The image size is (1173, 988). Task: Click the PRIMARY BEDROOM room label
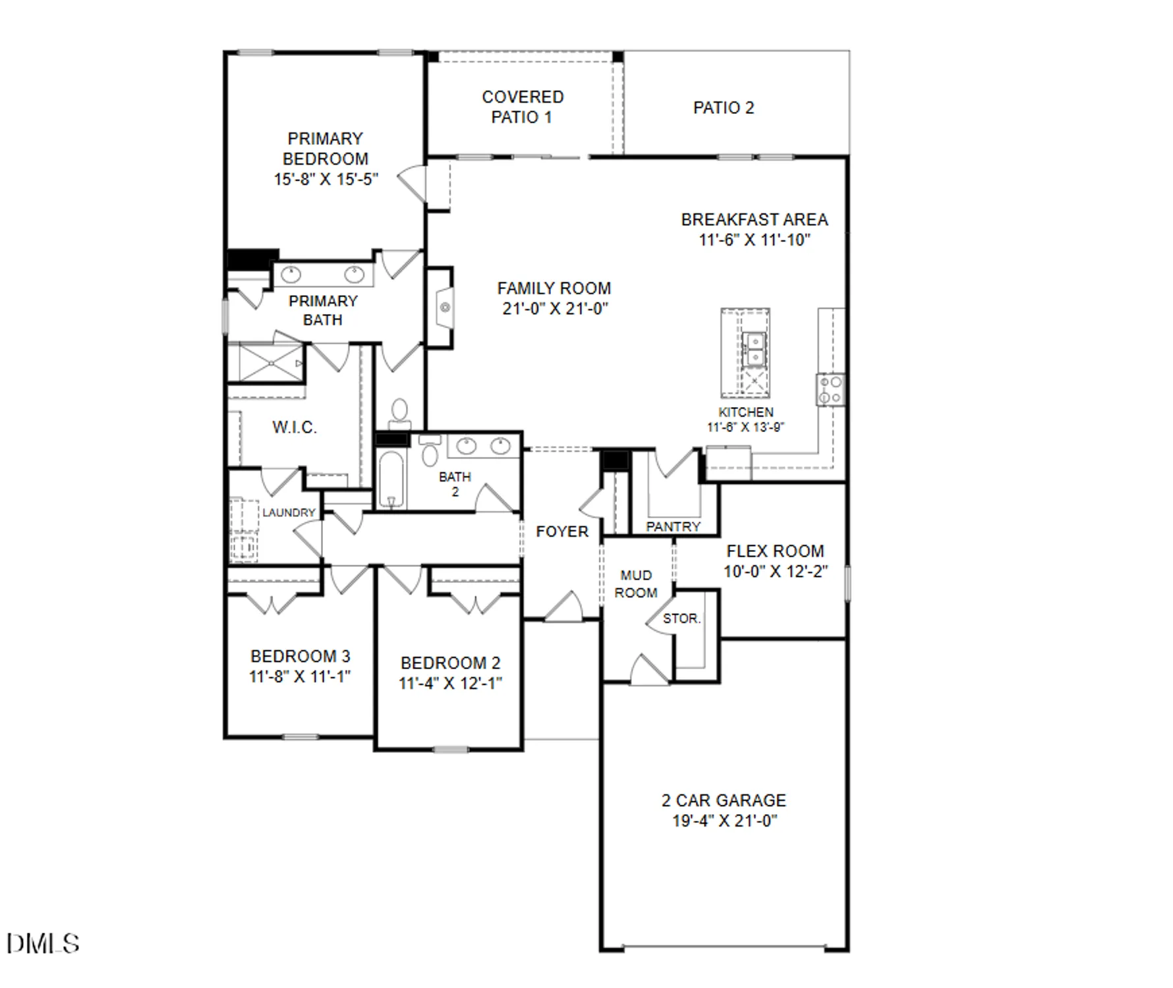coord(326,149)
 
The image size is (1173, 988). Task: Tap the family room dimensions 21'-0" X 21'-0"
coord(555,309)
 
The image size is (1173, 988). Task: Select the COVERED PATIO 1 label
coord(523,107)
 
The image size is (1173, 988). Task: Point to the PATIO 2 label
coord(723,108)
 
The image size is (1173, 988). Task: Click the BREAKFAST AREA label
coord(754,219)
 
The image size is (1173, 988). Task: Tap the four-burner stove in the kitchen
coord(830,389)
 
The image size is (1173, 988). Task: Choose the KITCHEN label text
coord(745,412)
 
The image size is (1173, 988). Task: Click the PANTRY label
coord(673,526)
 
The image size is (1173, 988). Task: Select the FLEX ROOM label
coord(775,551)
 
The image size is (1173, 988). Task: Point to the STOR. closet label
coord(681,618)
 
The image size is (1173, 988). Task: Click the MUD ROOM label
coord(635,584)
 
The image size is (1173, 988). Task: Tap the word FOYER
coord(561,532)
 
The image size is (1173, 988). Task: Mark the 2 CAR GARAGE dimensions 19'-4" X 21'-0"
coord(724,821)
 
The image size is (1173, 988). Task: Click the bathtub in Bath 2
coord(391,479)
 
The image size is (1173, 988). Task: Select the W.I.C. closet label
coord(295,427)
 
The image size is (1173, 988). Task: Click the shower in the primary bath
coord(271,363)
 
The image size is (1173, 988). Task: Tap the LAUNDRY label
coord(289,512)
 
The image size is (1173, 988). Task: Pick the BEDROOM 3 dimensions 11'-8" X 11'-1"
coord(300,676)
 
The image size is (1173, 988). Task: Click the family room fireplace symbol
coord(444,307)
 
